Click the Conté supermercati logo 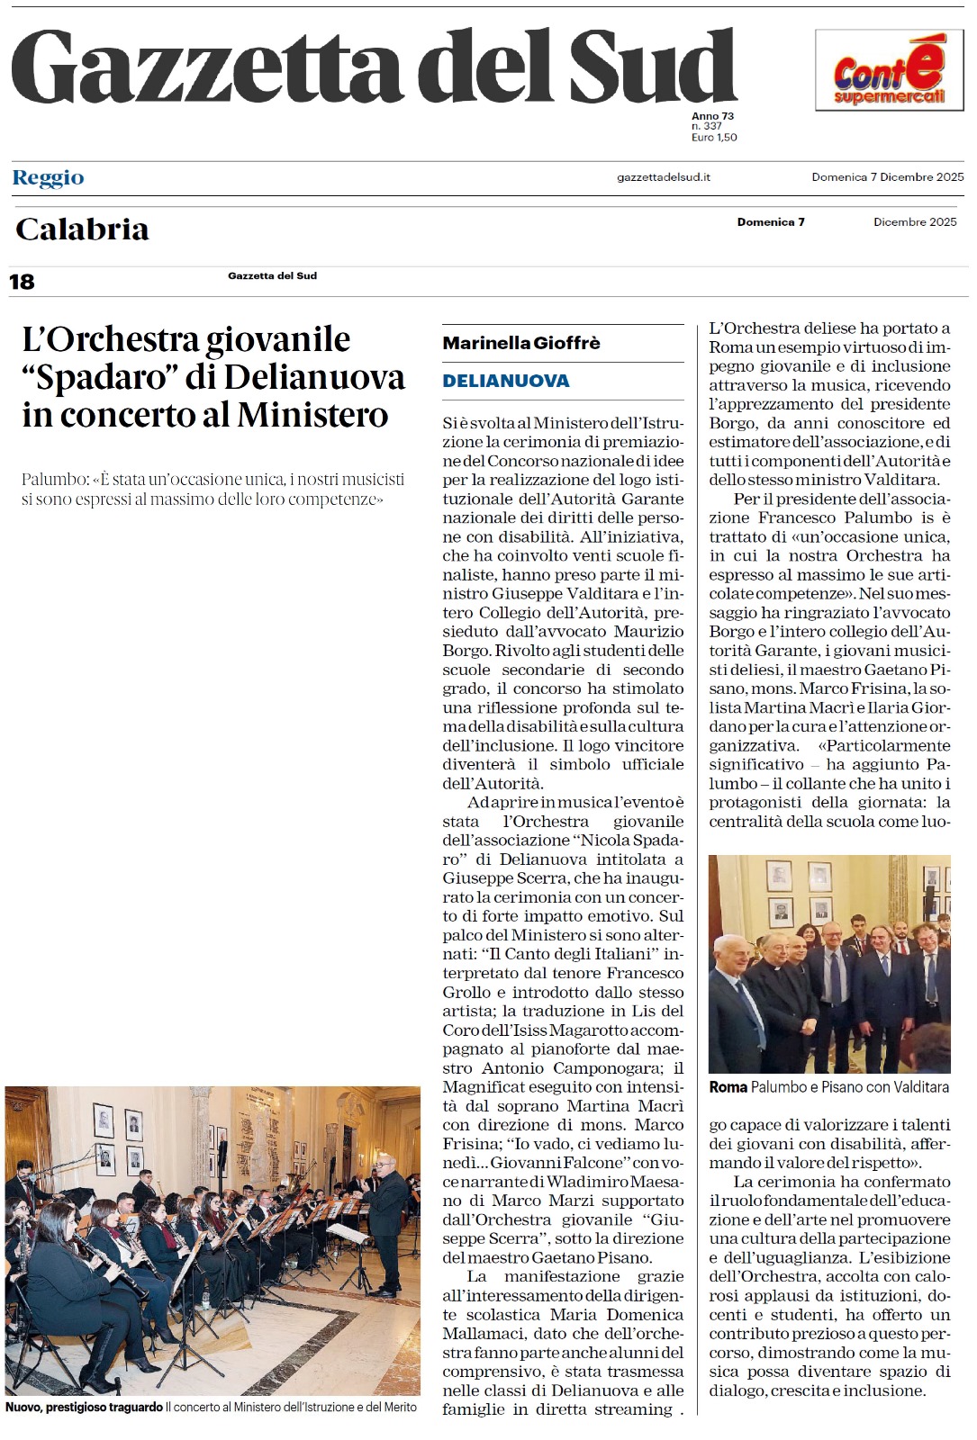pyautogui.click(x=889, y=70)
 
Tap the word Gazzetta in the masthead pyautogui.click(x=205, y=67)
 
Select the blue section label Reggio pyautogui.click(x=49, y=177)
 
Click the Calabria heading pyautogui.click(x=82, y=229)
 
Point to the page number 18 pyautogui.click(x=22, y=282)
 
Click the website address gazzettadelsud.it pyautogui.click(x=663, y=177)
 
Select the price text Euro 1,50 pyautogui.click(x=714, y=138)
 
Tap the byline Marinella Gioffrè pyautogui.click(x=520, y=343)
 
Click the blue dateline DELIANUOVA pyautogui.click(x=505, y=381)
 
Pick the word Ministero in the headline pyautogui.click(x=312, y=415)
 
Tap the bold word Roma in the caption pyautogui.click(x=728, y=1087)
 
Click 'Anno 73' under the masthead pyautogui.click(x=712, y=116)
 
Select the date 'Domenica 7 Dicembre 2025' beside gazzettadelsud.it pyautogui.click(x=887, y=177)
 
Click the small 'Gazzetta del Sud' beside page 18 pyautogui.click(x=272, y=276)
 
